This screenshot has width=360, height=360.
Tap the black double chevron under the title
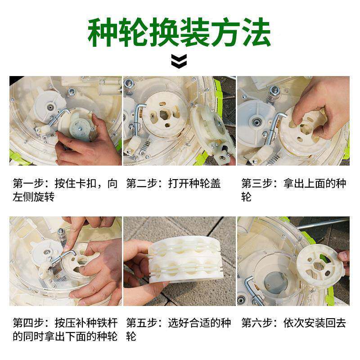click(x=179, y=61)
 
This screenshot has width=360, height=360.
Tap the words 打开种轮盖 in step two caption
click(x=194, y=184)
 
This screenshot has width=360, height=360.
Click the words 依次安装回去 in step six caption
click(x=315, y=323)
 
